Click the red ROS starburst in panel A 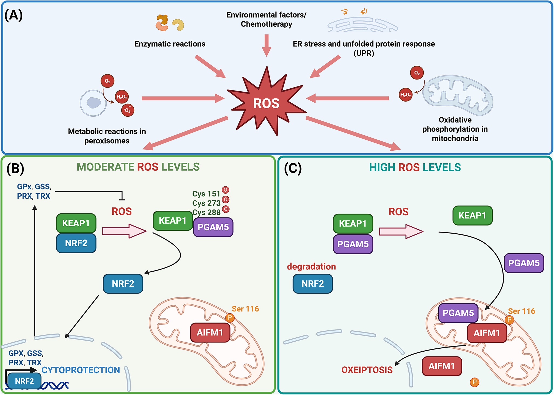coord(266,102)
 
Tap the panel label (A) coord(13,15)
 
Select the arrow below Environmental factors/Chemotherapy coord(266,45)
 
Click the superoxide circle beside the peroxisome coord(128,110)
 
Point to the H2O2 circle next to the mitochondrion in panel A coord(406,95)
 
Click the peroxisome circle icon coord(93,103)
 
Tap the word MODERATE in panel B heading coord(105,167)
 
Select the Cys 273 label coord(206,203)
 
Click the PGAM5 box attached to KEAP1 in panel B coord(213,227)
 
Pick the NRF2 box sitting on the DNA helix coord(24,381)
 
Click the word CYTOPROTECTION coord(81,370)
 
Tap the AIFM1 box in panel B coord(210,332)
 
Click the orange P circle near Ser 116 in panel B coord(230,318)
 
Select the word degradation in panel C coord(312,266)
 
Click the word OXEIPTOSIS coord(367,370)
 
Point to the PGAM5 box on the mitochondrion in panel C coord(458,313)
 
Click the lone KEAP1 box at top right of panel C coord(473,215)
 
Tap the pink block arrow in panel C coord(401,231)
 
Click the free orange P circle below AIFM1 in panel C coord(474,382)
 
